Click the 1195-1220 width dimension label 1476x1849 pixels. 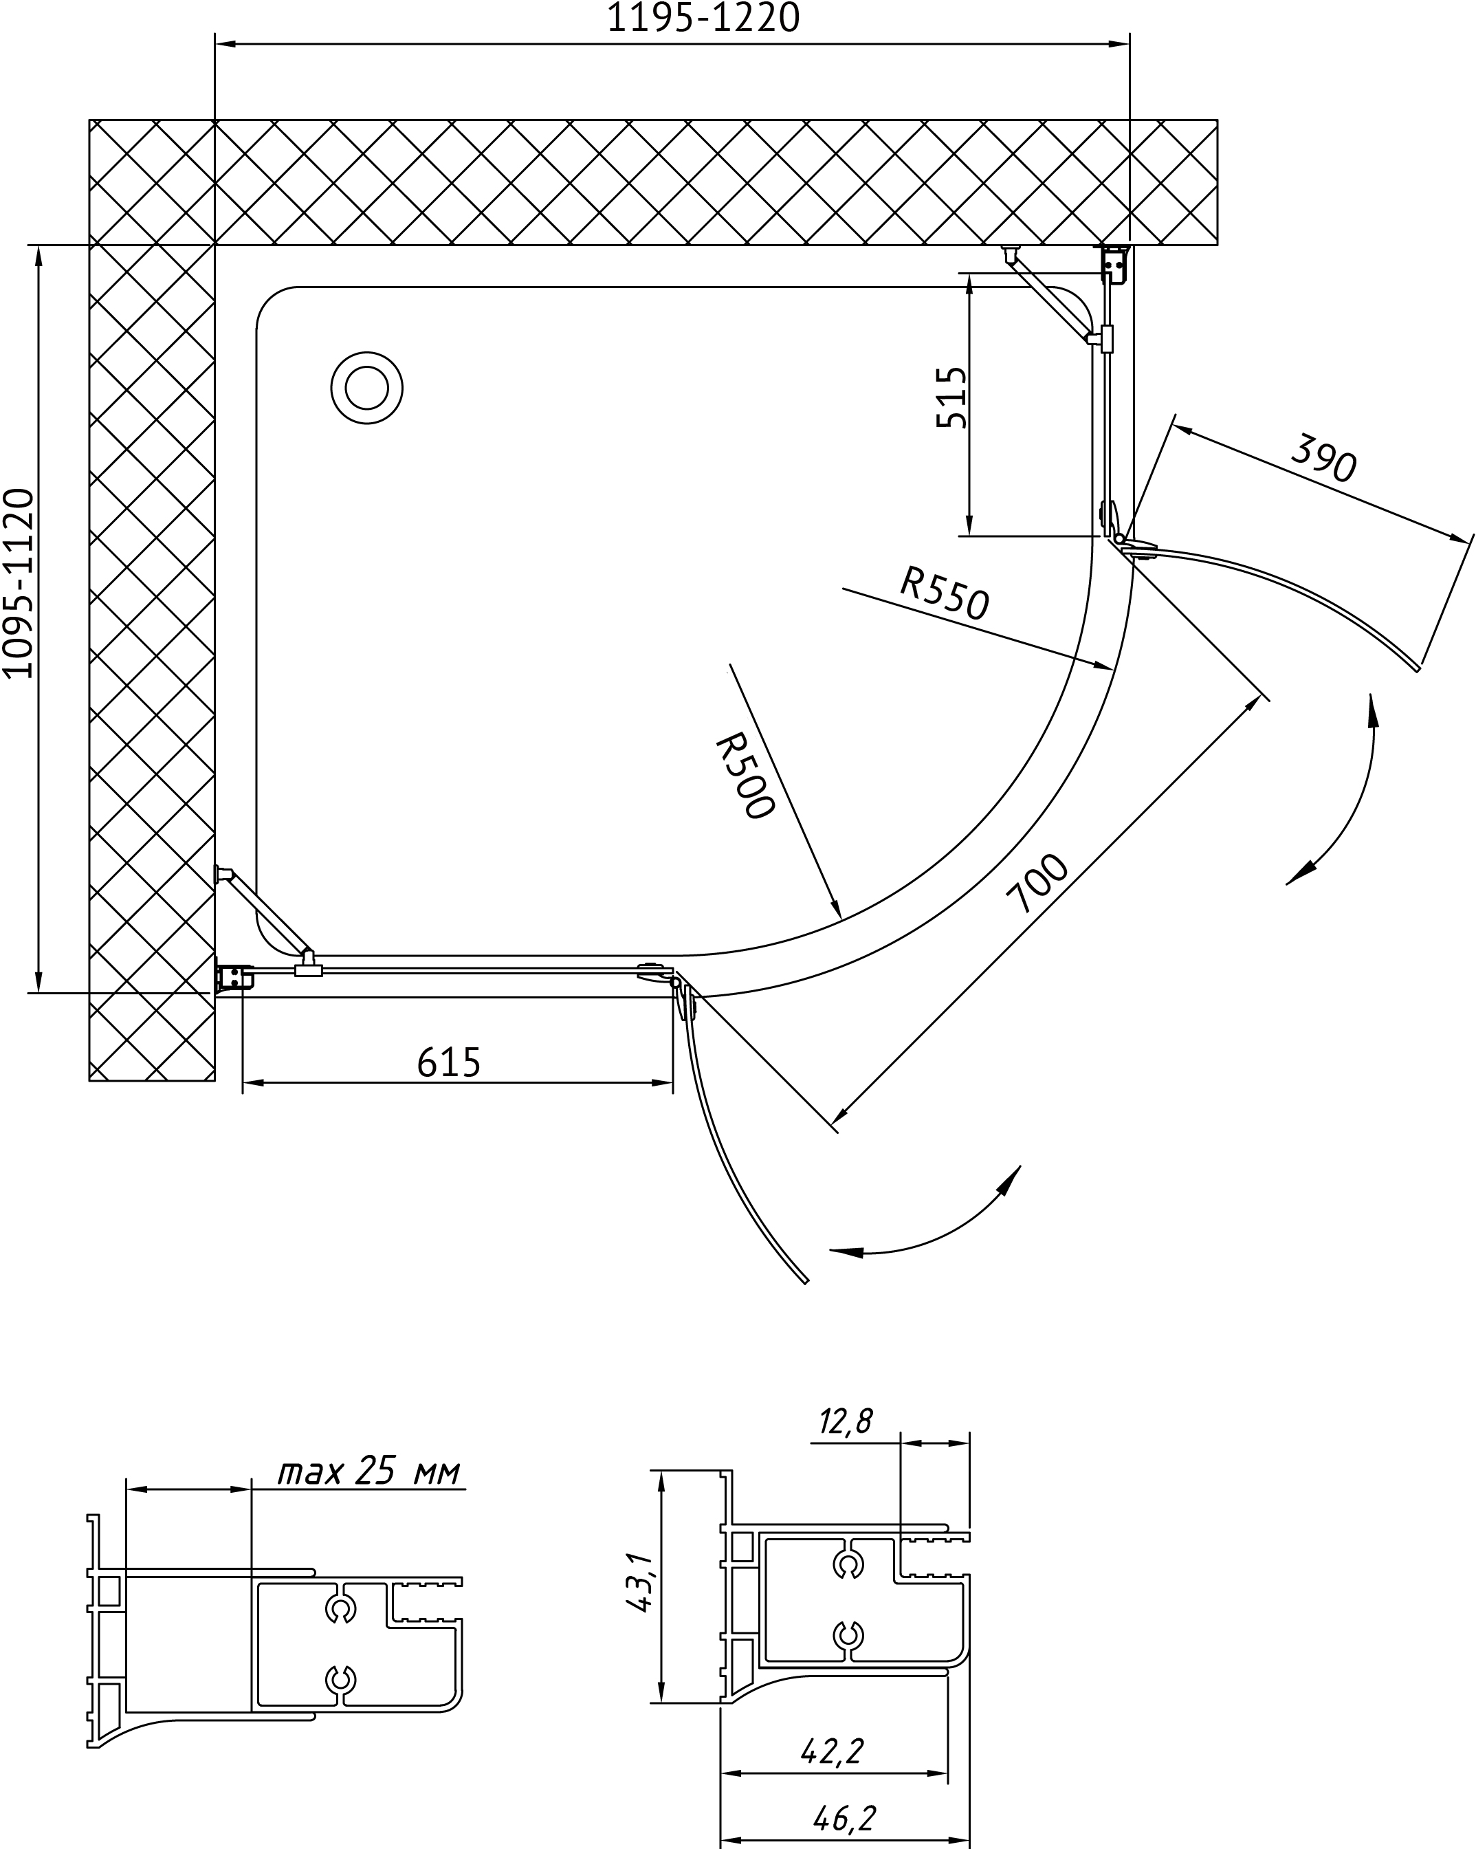(x=703, y=18)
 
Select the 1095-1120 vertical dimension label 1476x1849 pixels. (x=18, y=583)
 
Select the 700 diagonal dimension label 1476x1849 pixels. (x=1038, y=884)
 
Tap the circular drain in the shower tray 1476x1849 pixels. (x=366, y=388)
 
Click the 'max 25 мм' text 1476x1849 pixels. (x=368, y=1496)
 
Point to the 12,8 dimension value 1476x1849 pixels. (x=845, y=1423)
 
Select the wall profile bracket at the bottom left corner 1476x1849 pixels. (x=233, y=976)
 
